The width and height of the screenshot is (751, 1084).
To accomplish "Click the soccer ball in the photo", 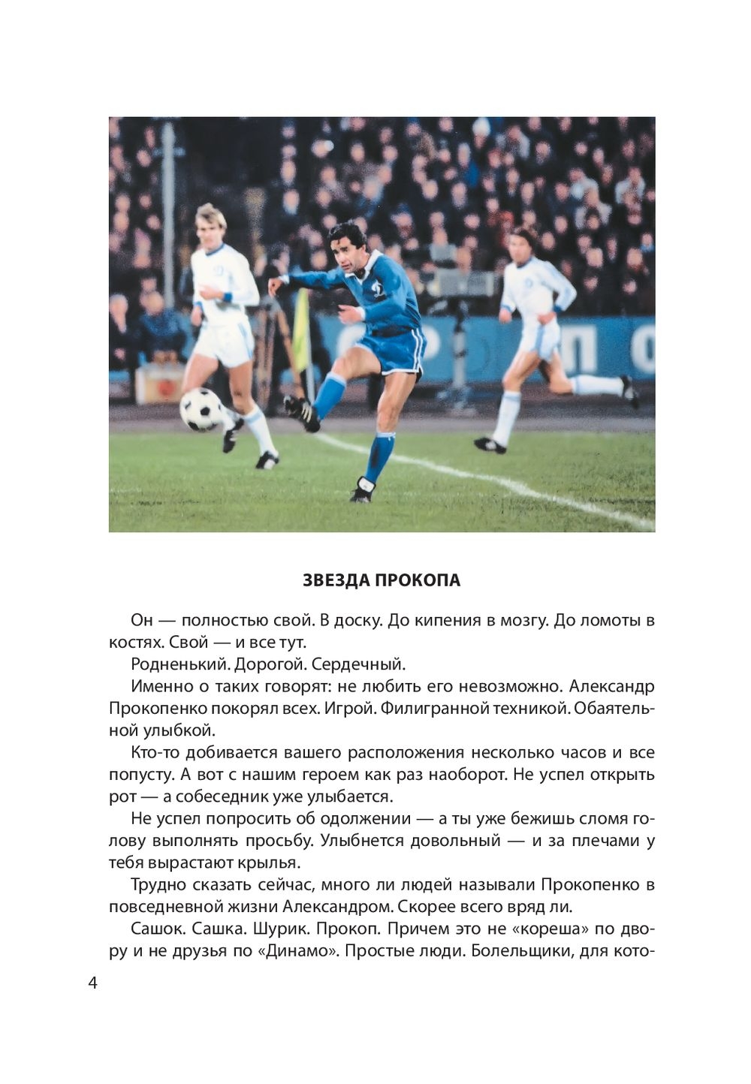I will [201, 409].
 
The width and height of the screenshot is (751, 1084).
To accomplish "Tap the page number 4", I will [92, 983].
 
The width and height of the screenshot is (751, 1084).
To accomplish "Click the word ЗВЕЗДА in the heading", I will [336, 581].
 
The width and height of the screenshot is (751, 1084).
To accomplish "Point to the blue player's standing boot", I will [363, 490].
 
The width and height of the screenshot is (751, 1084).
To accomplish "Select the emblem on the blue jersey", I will [379, 289].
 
